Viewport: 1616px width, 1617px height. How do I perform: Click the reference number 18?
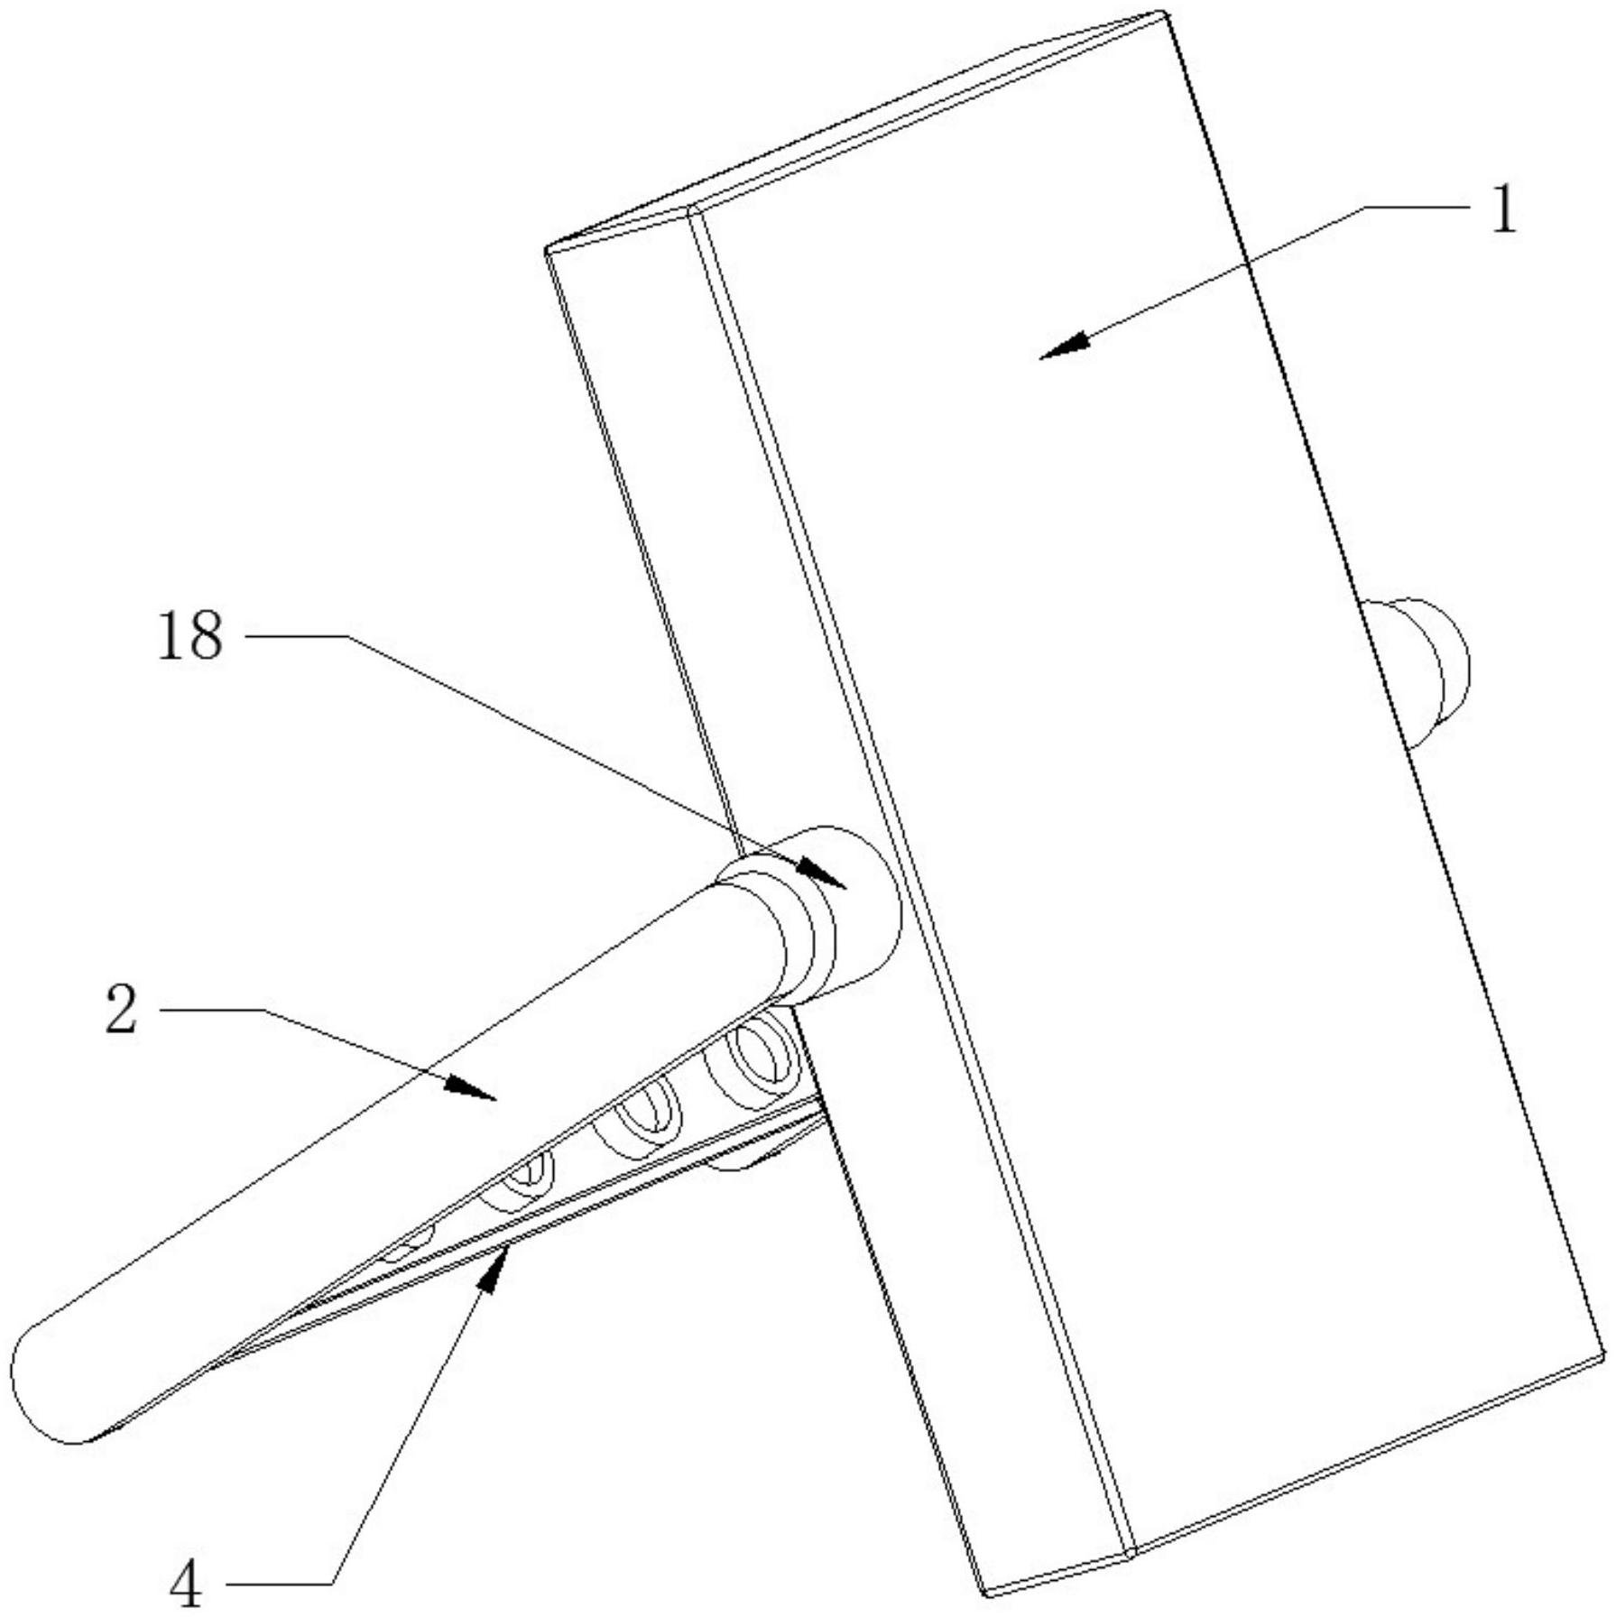pyautogui.click(x=190, y=636)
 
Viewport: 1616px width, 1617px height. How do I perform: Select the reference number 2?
pyautogui.click(x=122, y=1010)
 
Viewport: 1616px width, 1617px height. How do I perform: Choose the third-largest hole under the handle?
pyautogui.click(x=522, y=1178)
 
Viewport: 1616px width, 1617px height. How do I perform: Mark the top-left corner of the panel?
pyautogui.click(x=547, y=249)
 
